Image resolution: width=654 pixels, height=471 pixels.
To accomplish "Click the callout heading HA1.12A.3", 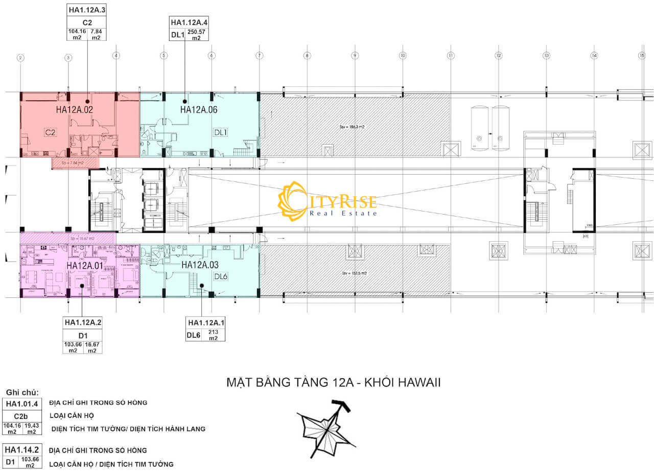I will [x=87, y=9].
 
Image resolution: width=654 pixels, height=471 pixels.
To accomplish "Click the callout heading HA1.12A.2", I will [x=82, y=322].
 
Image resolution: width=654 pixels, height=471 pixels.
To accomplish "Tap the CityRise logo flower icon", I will [x=292, y=201].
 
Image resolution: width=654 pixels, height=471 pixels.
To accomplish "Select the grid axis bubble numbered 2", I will [x=20, y=58].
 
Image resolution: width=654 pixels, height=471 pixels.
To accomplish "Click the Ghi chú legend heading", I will [x=22, y=392].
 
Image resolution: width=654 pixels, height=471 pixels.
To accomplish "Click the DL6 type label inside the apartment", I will [x=220, y=276].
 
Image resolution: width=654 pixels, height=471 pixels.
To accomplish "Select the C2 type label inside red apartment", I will [x=50, y=132].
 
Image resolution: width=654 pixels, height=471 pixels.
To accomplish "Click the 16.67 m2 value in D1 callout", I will [x=92, y=348].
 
